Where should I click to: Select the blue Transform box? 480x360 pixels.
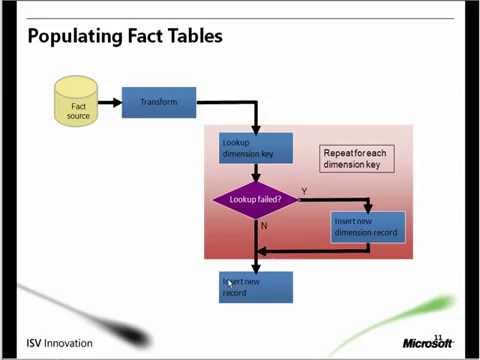158,101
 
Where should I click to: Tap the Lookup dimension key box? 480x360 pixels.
256,148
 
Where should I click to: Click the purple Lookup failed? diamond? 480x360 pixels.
256,199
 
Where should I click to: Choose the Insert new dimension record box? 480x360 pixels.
367,227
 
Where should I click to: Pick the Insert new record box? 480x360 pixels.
256,287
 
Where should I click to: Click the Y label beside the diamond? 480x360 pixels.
304,190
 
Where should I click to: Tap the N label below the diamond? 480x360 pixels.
264,225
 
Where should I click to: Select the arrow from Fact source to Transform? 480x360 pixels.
109,102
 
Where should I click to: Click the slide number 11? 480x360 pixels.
438,324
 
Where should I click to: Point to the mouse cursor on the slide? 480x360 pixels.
229,284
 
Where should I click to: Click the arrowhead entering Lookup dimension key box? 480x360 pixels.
256,129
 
